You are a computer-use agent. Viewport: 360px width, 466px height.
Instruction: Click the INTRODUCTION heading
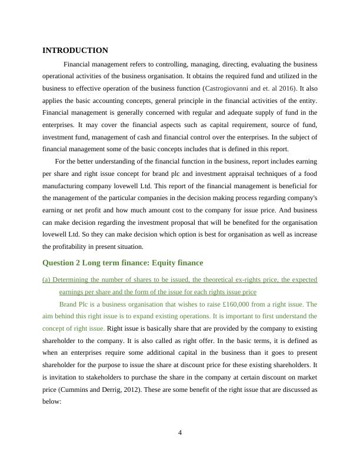tap(75, 51)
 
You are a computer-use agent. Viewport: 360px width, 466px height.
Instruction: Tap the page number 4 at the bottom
tap(180, 433)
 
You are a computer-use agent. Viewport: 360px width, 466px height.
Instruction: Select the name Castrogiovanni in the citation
tap(228, 88)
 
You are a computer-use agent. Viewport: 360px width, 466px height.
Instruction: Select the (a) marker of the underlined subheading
tap(47, 279)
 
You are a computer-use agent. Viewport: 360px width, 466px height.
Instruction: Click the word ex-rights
tap(262, 279)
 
